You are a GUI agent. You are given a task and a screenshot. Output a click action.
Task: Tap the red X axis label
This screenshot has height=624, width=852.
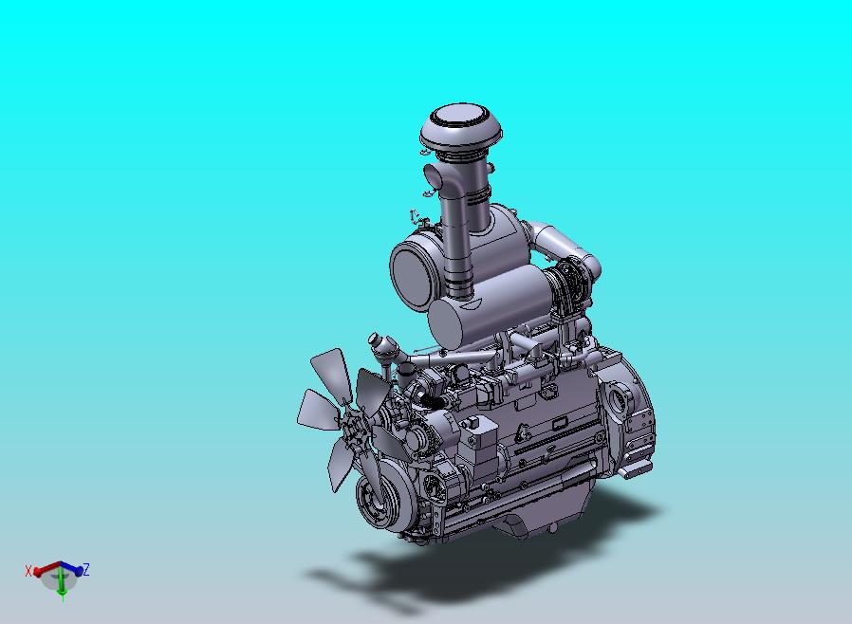point(28,571)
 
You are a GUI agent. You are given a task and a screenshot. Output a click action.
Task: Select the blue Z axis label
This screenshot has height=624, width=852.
point(85,570)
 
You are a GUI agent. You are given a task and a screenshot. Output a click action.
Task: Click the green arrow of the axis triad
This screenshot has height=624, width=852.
point(62,585)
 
